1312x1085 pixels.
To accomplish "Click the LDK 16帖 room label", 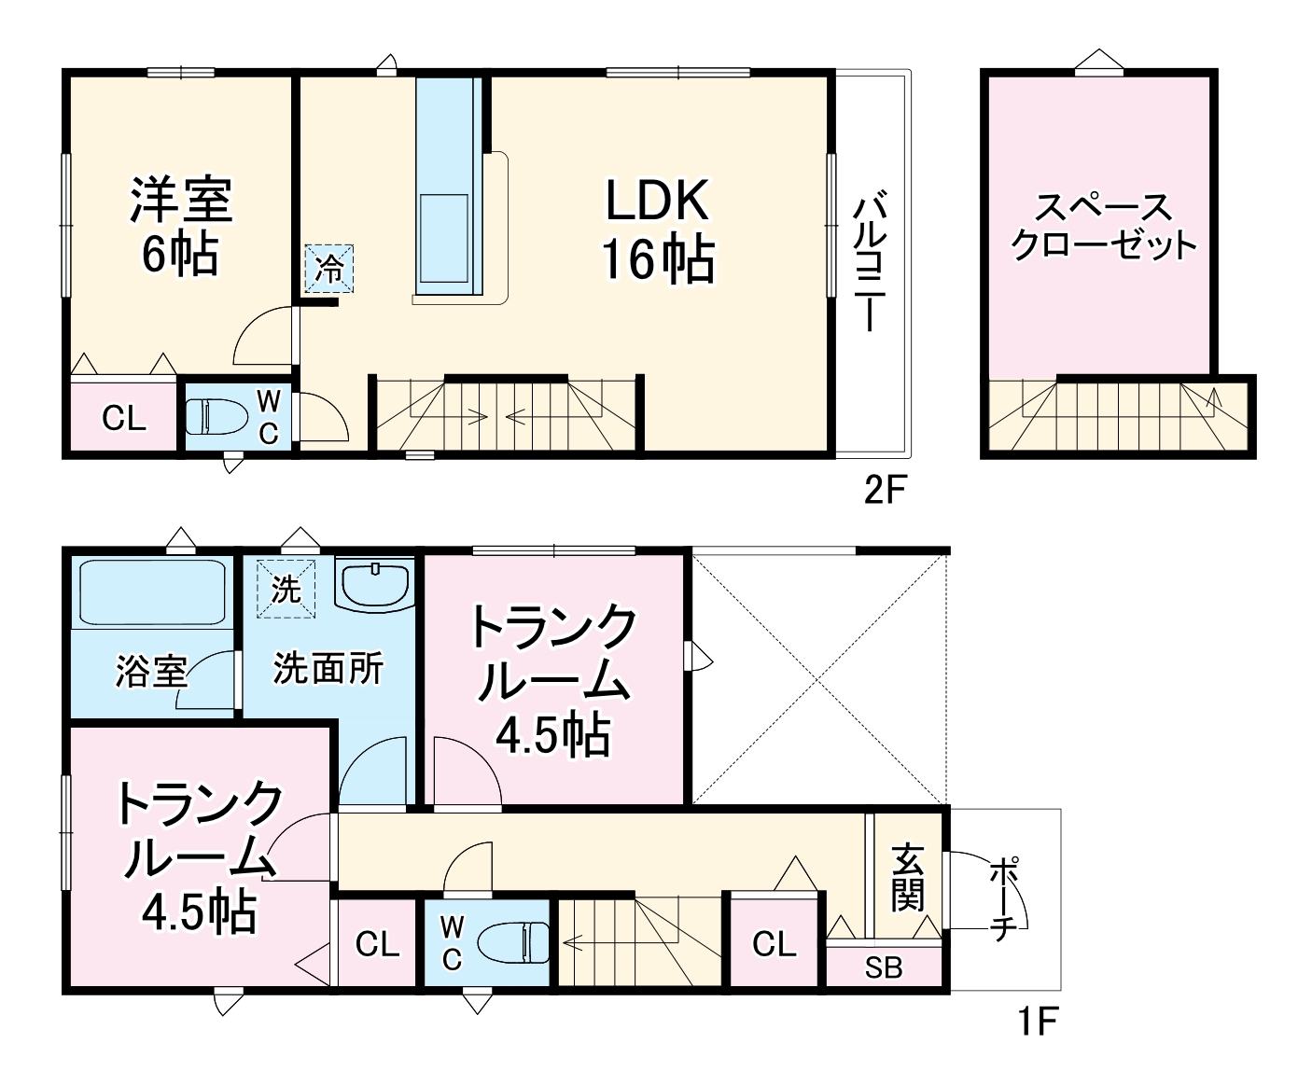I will pos(659,230).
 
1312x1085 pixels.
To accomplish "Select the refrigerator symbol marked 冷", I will pos(329,269).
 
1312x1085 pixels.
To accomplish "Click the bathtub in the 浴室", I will pos(151,592).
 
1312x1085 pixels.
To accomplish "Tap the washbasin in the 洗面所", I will pos(374,585).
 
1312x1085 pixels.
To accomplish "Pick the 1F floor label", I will pos(1036,1022).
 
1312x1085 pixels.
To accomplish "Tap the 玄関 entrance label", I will pos(907,877).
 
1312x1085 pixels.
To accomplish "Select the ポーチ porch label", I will pos(1003,901).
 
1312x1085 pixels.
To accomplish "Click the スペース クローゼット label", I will pos(1103,227).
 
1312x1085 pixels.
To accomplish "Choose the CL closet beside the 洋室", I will pos(124,419).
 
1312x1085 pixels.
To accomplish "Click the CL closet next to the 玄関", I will pos(775,944).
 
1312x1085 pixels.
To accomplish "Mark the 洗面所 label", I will pos(328,668).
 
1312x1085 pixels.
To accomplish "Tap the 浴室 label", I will pos(151,671).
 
